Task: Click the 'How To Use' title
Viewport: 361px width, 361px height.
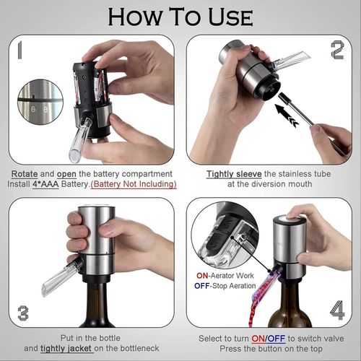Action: tap(180, 17)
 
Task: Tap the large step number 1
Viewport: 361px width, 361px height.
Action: tap(21, 52)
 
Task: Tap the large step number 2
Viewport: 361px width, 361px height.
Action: tap(336, 51)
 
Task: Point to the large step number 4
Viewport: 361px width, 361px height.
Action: tap(337, 310)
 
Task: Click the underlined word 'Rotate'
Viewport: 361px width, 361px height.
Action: tap(25, 174)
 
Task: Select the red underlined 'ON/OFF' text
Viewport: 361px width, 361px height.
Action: tap(271, 338)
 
